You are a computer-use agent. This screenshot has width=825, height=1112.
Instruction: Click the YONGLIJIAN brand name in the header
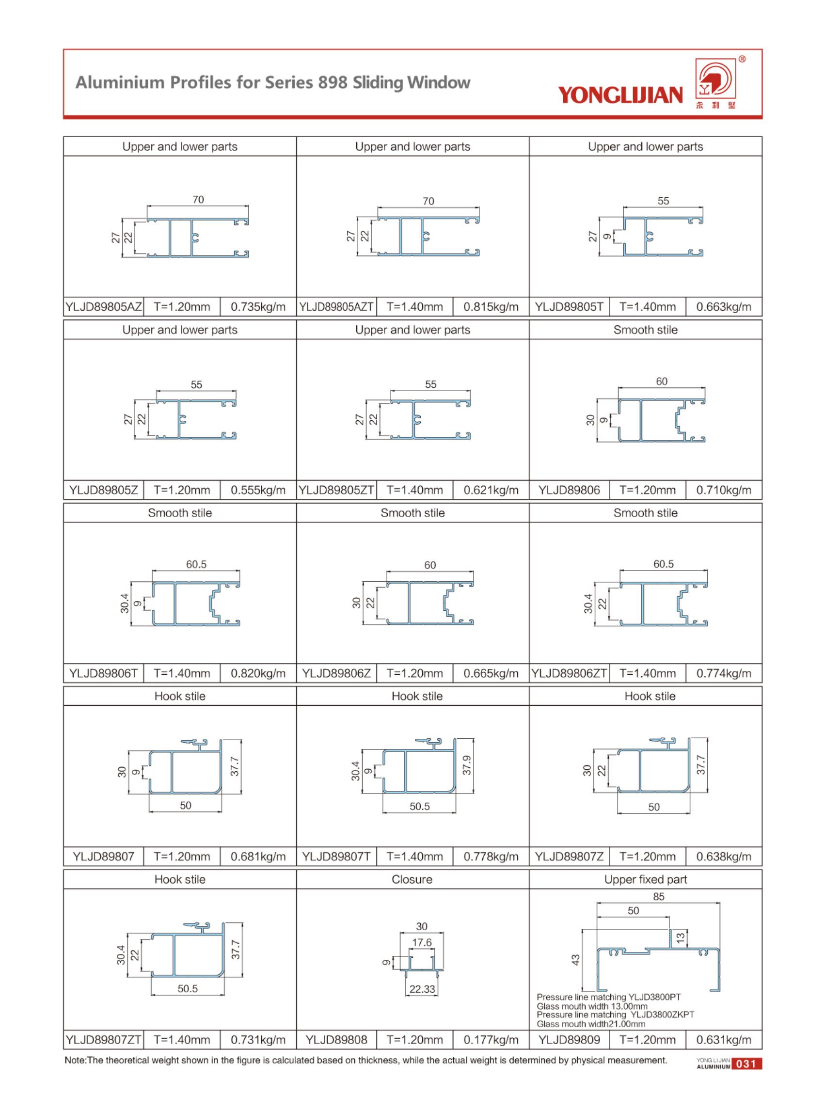click(x=620, y=95)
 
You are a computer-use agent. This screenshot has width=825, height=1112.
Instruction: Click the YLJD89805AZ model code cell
click(x=104, y=306)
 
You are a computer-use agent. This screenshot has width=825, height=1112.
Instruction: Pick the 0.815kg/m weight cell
click(x=491, y=306)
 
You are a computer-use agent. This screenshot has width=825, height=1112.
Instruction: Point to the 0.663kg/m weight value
click(x=724, y=306)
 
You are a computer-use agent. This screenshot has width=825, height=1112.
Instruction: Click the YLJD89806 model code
click(x=570, y=490)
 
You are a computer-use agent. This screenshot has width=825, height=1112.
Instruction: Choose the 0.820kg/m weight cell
click(x=258, y=673)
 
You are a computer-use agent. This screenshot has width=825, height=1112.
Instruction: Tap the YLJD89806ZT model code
click(x=570, y=673)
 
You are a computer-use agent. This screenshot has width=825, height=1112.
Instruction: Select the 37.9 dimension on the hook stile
click(x=466, y=764)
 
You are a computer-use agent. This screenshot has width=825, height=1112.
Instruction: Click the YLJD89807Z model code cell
click(x=570, y=857)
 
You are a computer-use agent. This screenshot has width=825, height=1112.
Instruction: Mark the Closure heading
click(x=412, y=879)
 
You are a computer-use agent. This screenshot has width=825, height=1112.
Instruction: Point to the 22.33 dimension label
click(x=422, y=989)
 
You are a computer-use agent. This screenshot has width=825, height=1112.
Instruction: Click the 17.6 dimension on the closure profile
click(x=422, y=942)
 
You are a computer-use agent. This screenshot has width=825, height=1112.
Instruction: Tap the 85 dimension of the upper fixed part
click(x=659, y=896)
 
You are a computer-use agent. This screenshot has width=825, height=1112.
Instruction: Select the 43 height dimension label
click(x=576, y=960)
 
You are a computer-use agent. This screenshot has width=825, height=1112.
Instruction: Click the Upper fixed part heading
click(x=645, y=879)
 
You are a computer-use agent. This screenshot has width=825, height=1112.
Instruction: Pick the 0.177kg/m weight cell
click(x=491, y=1040)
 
